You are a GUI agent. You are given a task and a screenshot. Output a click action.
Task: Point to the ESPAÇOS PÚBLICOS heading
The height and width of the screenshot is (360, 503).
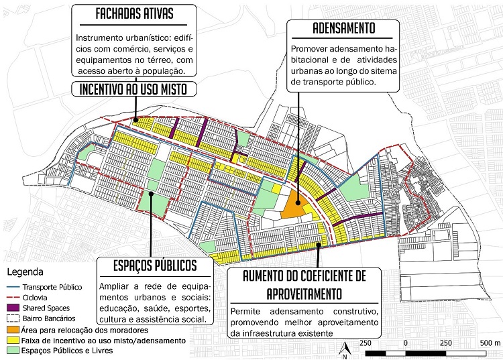[148, 265]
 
